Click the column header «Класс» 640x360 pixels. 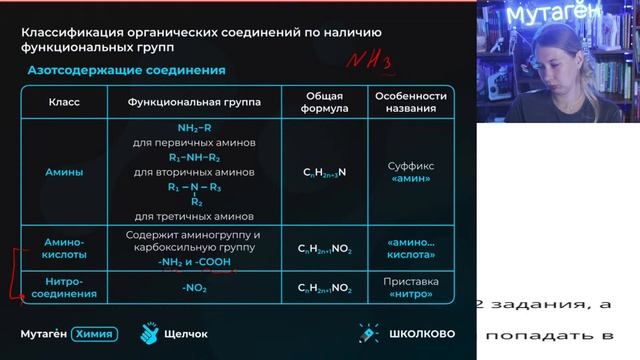tap(64, 102)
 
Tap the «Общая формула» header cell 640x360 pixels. tap(325, 102)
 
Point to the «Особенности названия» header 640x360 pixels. tap(410, 102)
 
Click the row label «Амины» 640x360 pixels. tap(64, 172)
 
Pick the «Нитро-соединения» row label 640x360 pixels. tap(64, 288)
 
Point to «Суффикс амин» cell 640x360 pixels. tap(410, 172)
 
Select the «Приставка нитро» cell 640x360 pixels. tap(410, 288)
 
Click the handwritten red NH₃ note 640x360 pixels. tap(368, 62)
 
